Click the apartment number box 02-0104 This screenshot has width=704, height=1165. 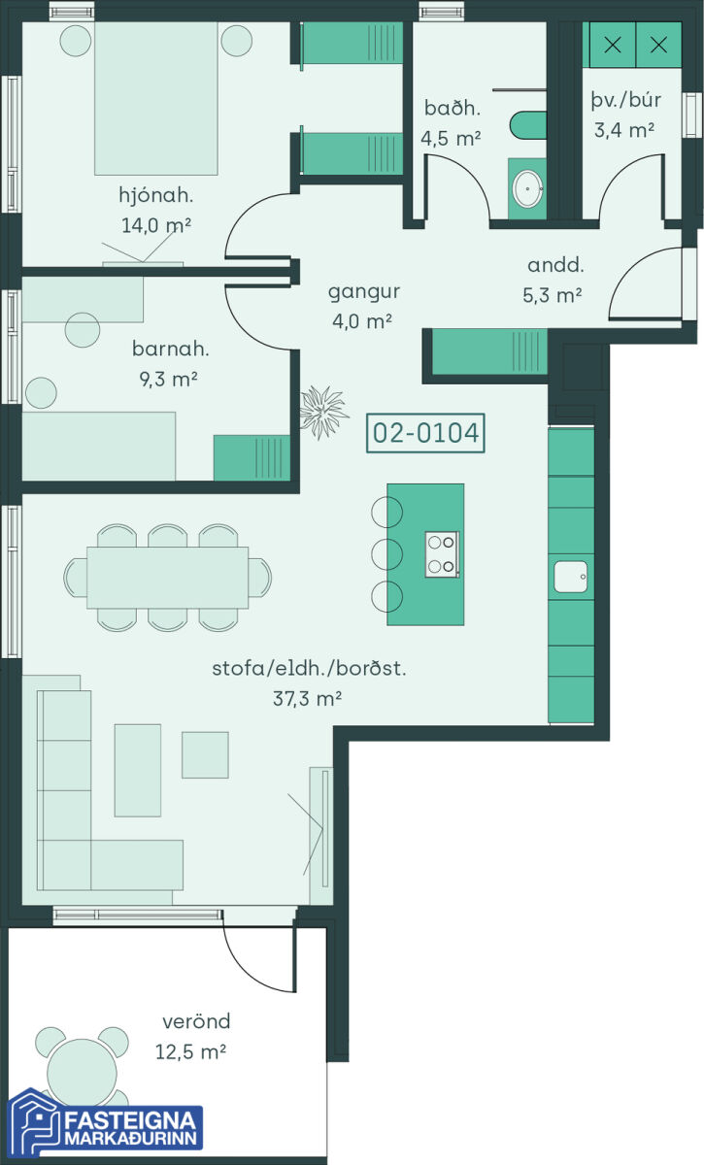pos(425,433)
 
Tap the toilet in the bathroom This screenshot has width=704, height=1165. pos(528,125)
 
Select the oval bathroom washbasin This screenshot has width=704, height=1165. pos(527,188)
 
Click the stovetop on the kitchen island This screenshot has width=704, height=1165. pos(442,554)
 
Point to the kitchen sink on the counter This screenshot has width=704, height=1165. pos(571,577)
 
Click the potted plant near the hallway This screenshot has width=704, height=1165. pos(323,413)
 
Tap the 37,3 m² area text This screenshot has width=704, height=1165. pos(307,698)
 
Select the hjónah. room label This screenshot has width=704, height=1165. pos(156,195)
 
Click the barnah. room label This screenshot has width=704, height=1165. pos(171,349)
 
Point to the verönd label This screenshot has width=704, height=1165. pos(196,1021)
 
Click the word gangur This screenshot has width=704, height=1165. pos(364,292)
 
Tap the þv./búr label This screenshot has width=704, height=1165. pos(626,99)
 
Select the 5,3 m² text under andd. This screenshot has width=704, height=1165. pos(553,295)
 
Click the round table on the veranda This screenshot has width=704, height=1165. pos(82,1072)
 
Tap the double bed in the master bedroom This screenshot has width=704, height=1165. pos(156,98)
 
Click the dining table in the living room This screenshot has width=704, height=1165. pos(168,578)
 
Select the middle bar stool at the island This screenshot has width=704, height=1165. pos(386,554)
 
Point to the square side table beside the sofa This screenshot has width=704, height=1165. pos(205,754)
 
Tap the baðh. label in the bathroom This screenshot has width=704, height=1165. pos(453,108)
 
